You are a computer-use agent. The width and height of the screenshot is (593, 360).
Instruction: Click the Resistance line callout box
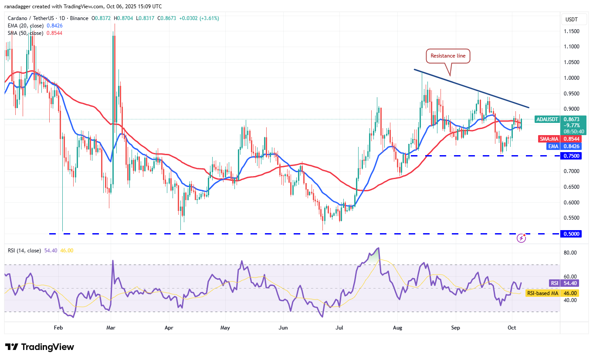pyautogui.click(x=448, y=56)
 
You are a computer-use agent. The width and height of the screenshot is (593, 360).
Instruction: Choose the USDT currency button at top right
pyautogui.click(x=571, y=20)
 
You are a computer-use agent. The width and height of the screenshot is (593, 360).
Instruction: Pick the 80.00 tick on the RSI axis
pyautogui.click(x=571, y=253)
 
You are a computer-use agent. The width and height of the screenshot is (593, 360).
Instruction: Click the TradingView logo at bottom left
pyautogui.click(x=40, y=347)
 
